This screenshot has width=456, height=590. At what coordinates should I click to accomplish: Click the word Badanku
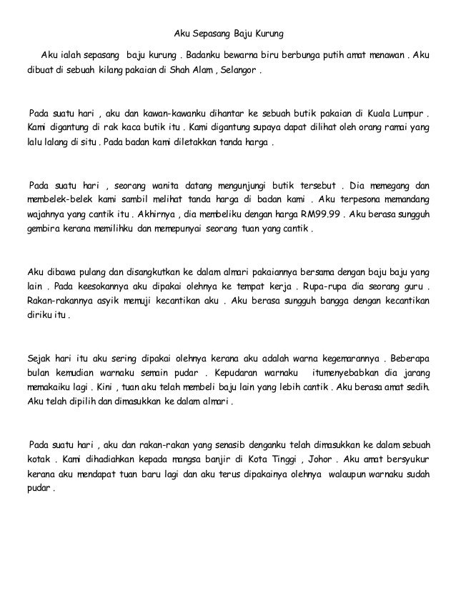pos(206,55)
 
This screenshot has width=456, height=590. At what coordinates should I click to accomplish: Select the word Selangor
pos(240,71)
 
